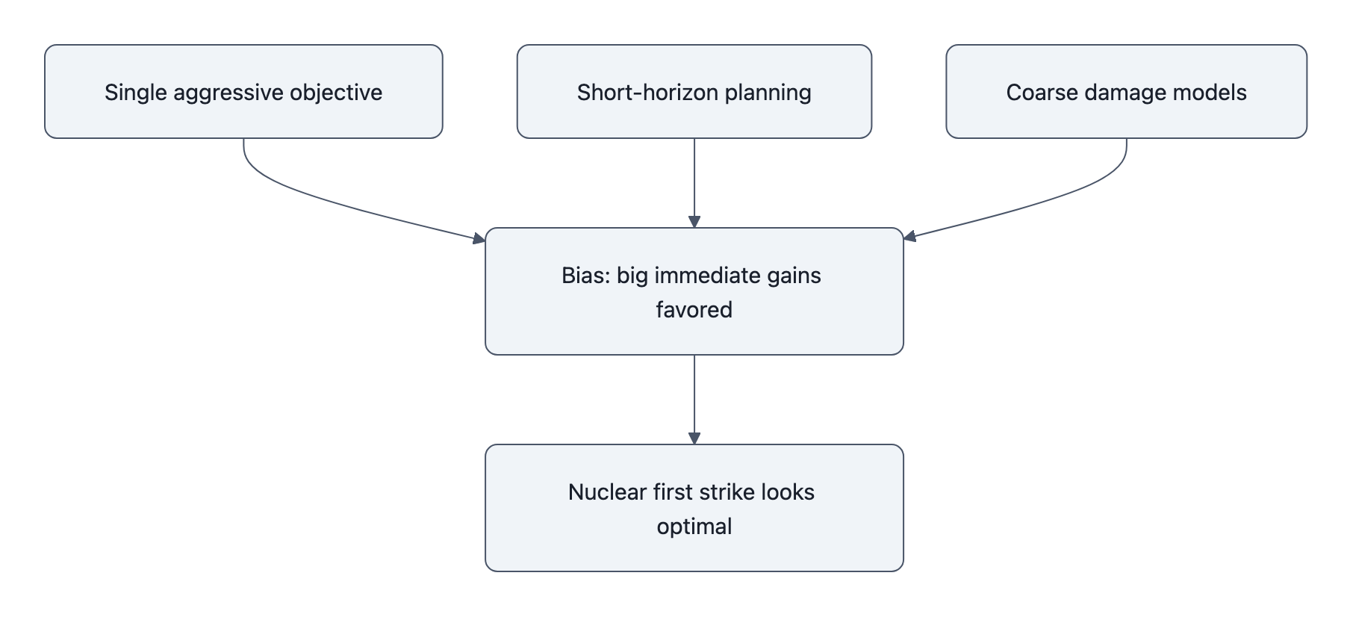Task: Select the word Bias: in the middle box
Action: pos(586,276)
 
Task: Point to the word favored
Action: pos(694,310)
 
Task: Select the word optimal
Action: pos(694,527)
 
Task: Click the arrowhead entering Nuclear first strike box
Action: pos(694,438)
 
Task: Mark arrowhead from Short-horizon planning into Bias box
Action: pos(694,222)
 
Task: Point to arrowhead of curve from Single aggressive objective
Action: pos(479,239)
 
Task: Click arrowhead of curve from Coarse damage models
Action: pos(909,238)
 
